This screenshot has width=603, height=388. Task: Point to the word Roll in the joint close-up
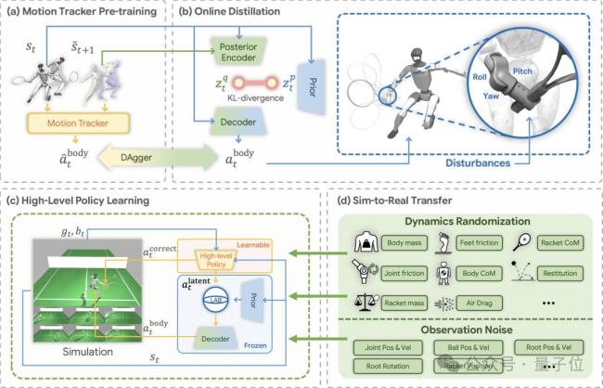[480, 79]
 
